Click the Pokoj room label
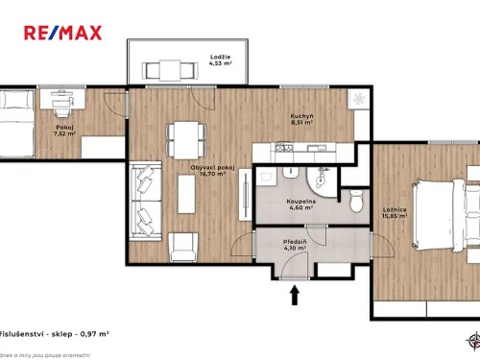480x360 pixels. click(x=64, y=126)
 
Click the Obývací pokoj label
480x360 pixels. click(x=213, y=167)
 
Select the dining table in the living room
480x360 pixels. click(x=184, y=140)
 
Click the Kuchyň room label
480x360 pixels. click(x=303, y=116)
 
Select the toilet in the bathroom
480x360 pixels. click(x=356, y=201)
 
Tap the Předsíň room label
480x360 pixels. click(x=295, y=242)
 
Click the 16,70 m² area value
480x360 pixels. click(x=213, y=175)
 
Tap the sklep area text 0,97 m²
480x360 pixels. click(x=87, y=333)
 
